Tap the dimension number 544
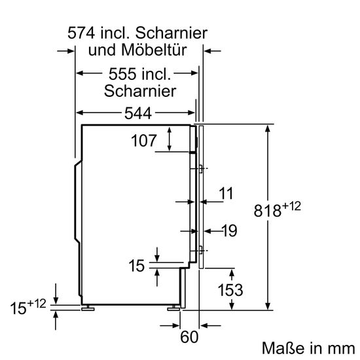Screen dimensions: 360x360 137,114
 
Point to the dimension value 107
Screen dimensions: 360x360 144,140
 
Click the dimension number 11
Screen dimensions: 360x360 226,193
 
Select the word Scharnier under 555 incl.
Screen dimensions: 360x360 139,91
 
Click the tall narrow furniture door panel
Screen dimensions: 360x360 203,196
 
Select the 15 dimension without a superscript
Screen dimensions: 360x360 136,266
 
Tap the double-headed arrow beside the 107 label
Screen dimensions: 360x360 170,139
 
